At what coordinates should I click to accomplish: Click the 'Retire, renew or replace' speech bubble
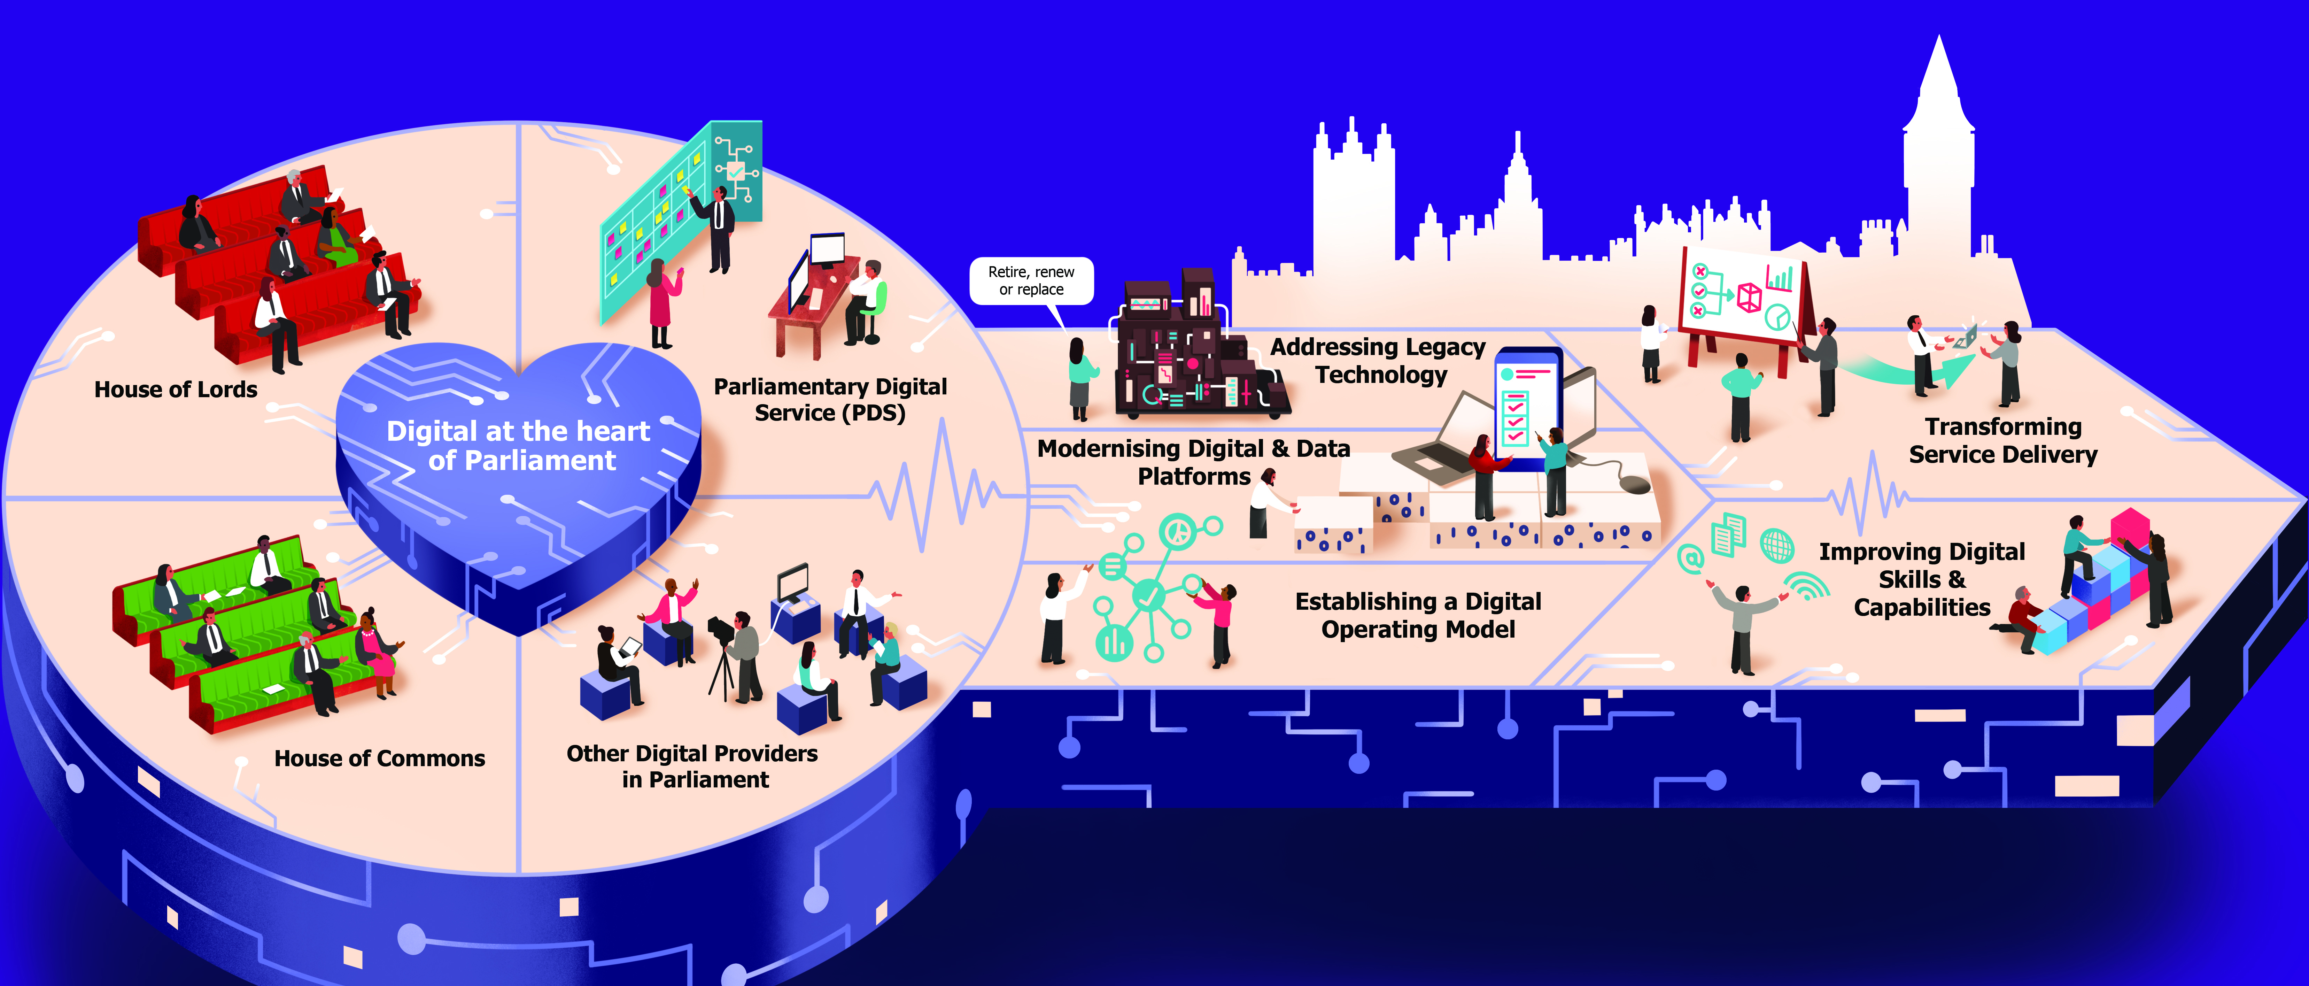pos(1032,280)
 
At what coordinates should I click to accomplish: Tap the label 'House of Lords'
pos(176,390)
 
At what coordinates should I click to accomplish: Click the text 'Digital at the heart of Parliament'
pos(519,446)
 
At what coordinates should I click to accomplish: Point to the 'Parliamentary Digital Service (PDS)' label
pos(830,400)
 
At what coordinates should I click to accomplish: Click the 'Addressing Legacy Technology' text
pos(1379,360)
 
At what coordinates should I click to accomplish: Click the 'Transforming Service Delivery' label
pos(2003,440)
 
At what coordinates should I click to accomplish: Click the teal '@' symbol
pos(1690,559)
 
